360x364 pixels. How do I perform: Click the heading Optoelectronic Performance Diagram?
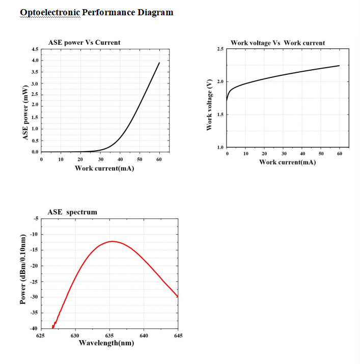97,12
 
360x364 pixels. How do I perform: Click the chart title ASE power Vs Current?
84,42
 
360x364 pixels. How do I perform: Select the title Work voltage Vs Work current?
278,43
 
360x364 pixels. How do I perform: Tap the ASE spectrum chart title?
72,212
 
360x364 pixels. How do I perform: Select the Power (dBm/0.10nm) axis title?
23,270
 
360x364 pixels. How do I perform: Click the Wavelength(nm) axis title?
106,343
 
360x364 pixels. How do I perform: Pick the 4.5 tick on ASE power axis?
35,49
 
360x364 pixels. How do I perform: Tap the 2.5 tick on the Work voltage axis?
220,49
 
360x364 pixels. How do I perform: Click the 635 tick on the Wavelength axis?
109,335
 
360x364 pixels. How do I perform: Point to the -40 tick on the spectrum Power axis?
34,328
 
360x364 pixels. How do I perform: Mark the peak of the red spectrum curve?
113,241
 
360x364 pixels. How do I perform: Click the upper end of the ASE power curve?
159,63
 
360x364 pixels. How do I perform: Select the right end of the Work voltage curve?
339,66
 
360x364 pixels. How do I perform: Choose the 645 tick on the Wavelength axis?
178,335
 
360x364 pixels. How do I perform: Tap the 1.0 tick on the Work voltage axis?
220,148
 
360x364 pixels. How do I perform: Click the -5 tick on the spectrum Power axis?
35,218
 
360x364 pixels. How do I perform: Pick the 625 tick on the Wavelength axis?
41,335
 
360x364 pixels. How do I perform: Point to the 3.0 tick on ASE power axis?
35,83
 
